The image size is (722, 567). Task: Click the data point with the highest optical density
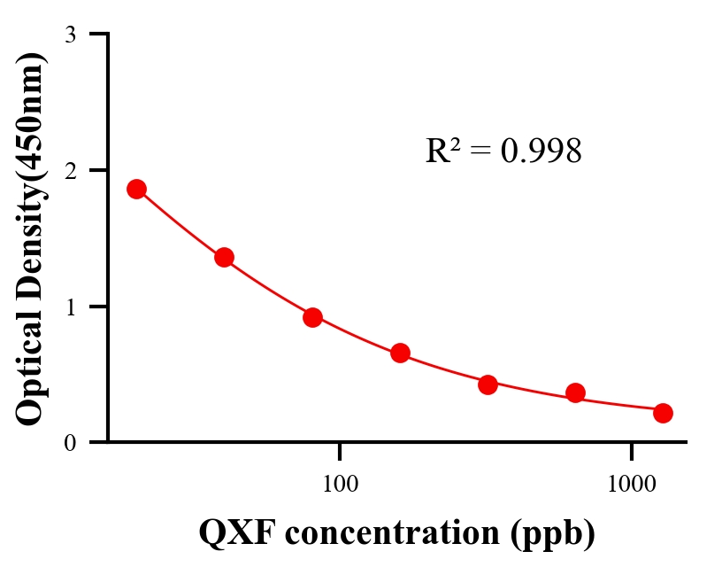[x=136, y=189]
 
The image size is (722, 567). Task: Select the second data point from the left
[x=224, y=258]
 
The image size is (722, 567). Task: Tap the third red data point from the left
[x=312, y=317]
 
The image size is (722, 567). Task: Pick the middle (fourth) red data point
[x=400, y=353]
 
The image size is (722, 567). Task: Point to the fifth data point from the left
[x=488, y=384]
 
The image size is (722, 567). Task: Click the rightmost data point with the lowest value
[x=663, y=413]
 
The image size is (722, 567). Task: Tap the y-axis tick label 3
[x=70, y=35]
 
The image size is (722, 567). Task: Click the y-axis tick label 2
[x=70, y=170]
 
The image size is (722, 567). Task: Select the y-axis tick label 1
[x=70, y=307]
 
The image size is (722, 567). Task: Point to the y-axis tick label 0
[x=70, y=442]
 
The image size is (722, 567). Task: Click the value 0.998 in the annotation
[x=541, y=151]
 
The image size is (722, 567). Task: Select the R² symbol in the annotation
[x=443, y=151]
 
